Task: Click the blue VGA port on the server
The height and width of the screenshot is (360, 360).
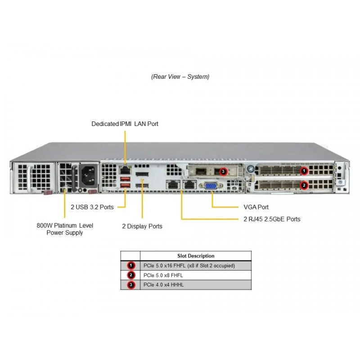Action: pyautogui.click(x=211, y=186)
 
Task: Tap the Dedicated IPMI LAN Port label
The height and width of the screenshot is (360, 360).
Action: pyautogui.click(x=125, y=124)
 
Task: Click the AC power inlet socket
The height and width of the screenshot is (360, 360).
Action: pyautogui.click(x=88, y=175)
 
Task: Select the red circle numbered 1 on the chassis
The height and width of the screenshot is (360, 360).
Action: pyautogui.click(x=304, y=171)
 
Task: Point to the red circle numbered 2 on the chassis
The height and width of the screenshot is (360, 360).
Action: pyautogui.click(x=304, y=185)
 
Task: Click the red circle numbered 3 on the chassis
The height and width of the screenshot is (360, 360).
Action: pyautogui.click(x=223, y=171)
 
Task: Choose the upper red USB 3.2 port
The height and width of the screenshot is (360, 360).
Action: pyautogui.click(x=125, y=179)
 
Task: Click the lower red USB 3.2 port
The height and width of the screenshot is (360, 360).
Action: pyautogui.click(x=125, y=185)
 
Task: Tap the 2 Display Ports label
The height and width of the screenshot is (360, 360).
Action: pyautogui.click(x=142, y=226)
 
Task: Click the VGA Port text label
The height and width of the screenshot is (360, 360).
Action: pyautogui.click(x=256, y=207)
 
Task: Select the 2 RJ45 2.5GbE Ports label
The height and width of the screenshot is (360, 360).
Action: pyautogui.click(x=272, y=219)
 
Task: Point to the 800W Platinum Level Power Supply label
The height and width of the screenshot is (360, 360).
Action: pyautogui.click(x=65, y=229)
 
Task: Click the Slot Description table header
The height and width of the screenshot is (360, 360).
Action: pyautogui.click(x=196, y=256)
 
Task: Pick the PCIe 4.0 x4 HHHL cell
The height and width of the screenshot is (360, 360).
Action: pyautogui.click(x=163, y=285)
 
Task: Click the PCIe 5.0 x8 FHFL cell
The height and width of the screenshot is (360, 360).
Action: pyautogui.click(x=163, y=275)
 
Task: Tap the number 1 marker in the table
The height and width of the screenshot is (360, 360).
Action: pyautogui.click(x=131, y=265)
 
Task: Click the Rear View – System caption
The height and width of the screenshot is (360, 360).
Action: pyautogui.click(x=180, y=76)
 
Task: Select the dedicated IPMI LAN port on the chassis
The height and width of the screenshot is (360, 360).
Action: pyautogui.click(x=125, y=170)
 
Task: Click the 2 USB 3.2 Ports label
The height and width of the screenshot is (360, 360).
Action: pyautogui.click(x=92, y=207)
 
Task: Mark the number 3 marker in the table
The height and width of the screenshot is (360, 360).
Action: pyautogui.click(x=131, y=285)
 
